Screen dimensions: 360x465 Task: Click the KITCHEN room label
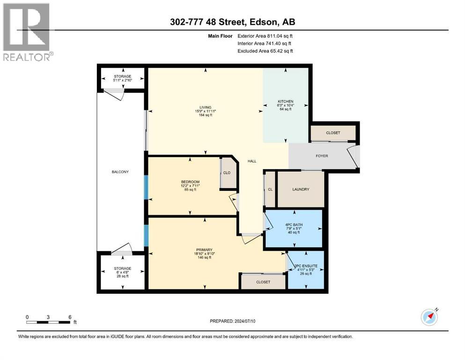(x=285, y=101)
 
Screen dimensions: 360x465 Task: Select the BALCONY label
(x=120, y=172)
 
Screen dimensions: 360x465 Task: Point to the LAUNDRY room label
(x=300, y=189)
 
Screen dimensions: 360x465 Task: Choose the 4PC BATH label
(x=293, y=225)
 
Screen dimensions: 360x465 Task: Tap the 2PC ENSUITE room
(x=305, y=270)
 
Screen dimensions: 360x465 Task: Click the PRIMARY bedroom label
(x=205, y=249)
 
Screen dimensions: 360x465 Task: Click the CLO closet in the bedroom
(x=227, y=173)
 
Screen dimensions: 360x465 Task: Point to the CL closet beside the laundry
(x=270, y=189)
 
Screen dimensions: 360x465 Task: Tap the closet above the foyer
(x=333, y=133)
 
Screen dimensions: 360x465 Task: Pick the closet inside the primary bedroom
(x=263, y=282)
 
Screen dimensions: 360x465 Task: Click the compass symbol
(x=429, y=317)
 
